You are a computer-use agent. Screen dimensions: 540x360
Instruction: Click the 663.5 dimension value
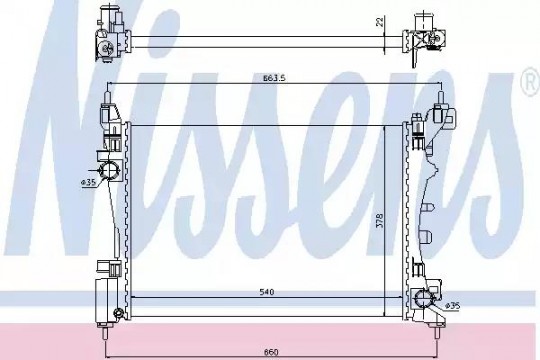[x=274, y=78]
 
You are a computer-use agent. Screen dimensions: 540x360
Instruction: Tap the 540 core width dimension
[x=267, y=292]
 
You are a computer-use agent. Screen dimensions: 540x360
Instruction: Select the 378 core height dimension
[x=379, y=220]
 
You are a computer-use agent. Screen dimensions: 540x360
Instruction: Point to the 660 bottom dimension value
[x=271, y=352]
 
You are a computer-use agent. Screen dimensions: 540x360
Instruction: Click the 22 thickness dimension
[x=379, y=22]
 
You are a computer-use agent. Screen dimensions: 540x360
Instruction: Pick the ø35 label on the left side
[x=89, y=183]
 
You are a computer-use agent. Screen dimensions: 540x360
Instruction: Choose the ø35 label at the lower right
[x=453, y=306]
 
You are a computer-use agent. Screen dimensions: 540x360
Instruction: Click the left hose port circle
[x=110, y=170]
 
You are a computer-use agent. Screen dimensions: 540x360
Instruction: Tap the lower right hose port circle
[x=423, y=298]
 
